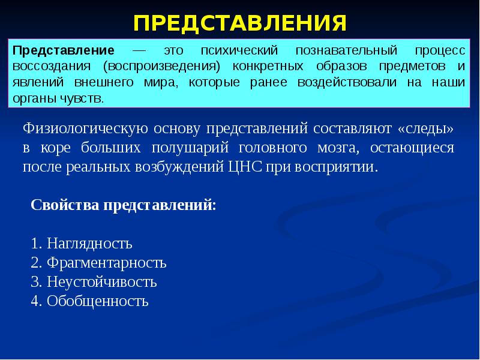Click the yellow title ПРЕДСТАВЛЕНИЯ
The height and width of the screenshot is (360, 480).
point(240,23)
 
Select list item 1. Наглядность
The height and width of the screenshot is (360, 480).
point(81,244)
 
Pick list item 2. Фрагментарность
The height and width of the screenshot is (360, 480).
point(98,263)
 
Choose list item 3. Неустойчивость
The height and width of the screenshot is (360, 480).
point(94,282)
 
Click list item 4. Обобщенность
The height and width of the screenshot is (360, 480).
point(89,301)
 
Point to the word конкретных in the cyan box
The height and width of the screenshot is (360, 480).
point(264,66)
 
